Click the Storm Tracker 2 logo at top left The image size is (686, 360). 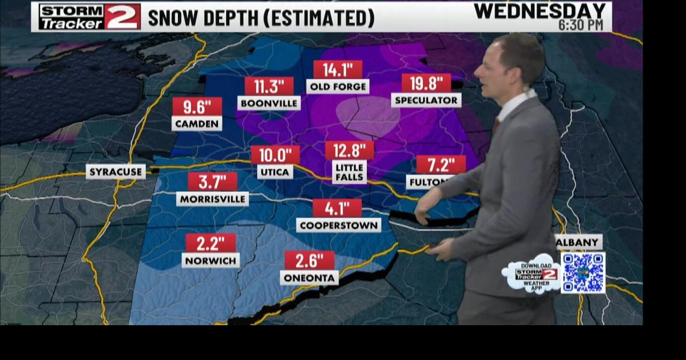tap(90, 17)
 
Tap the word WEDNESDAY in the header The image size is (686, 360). tap(540, 11)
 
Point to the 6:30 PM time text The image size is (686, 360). tap(581, 25)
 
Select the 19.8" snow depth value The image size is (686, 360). tap(426, 83)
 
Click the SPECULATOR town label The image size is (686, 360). tap(426, 100)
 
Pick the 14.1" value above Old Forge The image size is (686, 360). tap(338, 70)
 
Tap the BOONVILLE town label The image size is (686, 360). tap(269, 103)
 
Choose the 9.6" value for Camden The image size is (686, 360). tap(197, 107)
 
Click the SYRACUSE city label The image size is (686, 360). tap(116, 172)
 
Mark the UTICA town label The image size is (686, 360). tap(275, 172)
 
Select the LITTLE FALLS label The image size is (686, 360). tap(349, 172)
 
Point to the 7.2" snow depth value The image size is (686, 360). tap(441, 164)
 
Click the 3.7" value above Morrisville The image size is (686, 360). tap(212, 182)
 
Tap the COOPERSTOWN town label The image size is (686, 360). tap(339, 225)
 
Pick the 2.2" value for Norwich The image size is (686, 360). tap(211, 243)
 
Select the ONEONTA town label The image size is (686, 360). tap(309, 277)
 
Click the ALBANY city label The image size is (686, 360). tap(577, 242)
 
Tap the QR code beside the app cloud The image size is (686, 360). tap(583, 273)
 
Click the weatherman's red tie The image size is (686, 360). tap(496, 125)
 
